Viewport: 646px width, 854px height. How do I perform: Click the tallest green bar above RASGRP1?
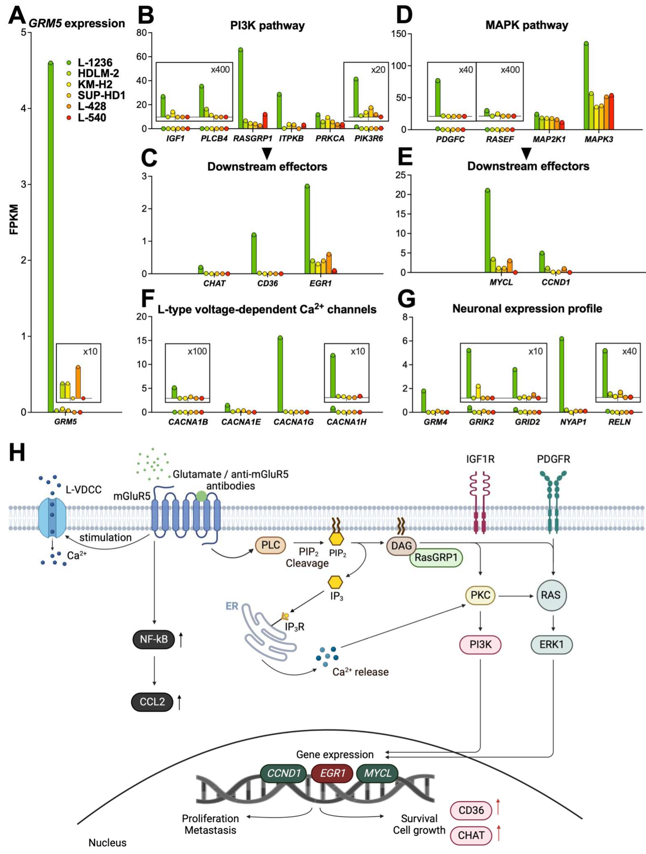pos(240,89)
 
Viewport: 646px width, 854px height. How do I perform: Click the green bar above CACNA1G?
pos(280,375)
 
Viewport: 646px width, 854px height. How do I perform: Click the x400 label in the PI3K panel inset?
pos(220,70)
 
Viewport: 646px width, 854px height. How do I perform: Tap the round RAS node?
pos(550,595)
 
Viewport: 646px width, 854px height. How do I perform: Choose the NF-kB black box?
pos(154,639)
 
